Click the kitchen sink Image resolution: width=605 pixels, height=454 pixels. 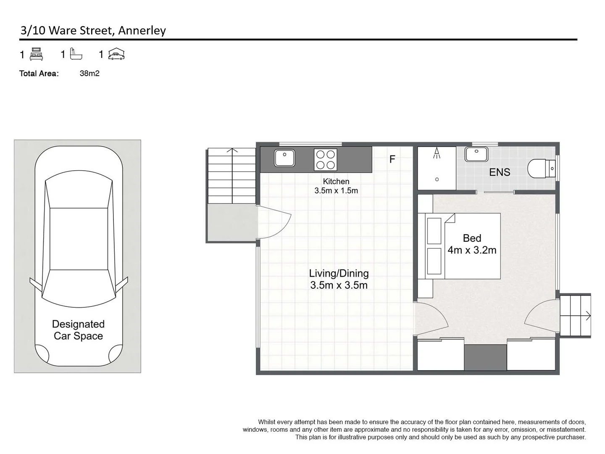[x=284, y=158]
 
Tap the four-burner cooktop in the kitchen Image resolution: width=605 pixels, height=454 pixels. [x=325, y=160]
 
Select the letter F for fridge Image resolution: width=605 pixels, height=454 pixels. [x=392, y=159]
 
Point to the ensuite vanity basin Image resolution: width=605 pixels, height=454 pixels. [x=476, y=154]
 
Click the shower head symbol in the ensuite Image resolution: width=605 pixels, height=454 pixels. [x=437, y=153]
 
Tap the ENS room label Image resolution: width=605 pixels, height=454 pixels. [x=500, y=172]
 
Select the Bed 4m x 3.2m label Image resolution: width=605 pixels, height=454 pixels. [x=472, y=244]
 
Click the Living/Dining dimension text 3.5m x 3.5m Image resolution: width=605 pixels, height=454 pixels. [x=339, y=285]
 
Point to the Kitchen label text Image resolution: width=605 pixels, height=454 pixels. [x=336, y=182]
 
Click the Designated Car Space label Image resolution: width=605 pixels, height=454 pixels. [x=78, y=330]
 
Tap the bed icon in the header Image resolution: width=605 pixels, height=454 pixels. [x=37, y=54]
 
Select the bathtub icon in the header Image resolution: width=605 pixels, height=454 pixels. [x=76, y=54]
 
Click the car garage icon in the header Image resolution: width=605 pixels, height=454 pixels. [x=116, y=54]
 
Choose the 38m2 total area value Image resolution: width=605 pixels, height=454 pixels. [x=89, y=74]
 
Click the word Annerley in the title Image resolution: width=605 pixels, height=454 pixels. [x=142, y=30]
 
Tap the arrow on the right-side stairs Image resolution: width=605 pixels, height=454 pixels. [x=588, y=316]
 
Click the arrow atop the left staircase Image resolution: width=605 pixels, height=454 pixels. [x=232, y=150]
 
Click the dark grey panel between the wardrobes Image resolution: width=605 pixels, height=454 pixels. [x=485, y=357]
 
